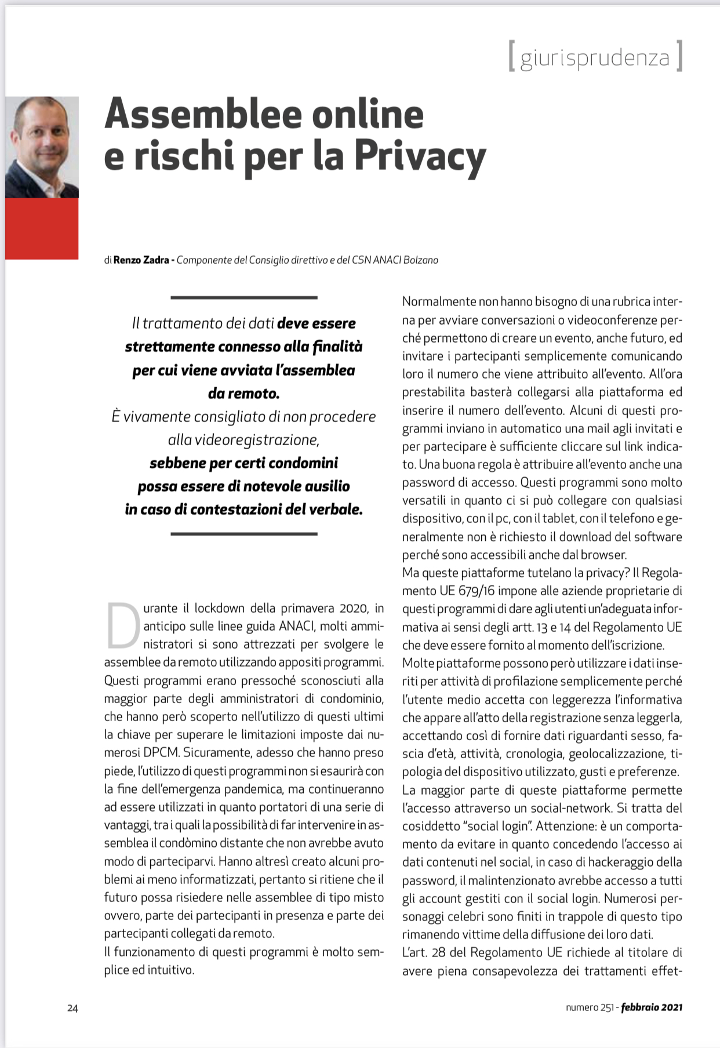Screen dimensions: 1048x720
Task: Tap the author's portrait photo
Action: [42, 147]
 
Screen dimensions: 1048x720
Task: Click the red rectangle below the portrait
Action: [42, 228]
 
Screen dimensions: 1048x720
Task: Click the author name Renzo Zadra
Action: [141, 260]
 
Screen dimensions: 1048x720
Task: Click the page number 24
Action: [72, 1008]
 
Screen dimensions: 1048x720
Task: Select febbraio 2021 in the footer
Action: [652, 1007]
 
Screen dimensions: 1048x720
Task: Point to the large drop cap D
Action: [122, 625]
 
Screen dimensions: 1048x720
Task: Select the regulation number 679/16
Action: [476, 591]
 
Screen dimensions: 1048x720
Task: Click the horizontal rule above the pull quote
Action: [244, 298]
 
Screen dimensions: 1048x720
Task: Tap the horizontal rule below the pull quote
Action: [244, 534]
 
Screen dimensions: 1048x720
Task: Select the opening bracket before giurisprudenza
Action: [511, 56]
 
